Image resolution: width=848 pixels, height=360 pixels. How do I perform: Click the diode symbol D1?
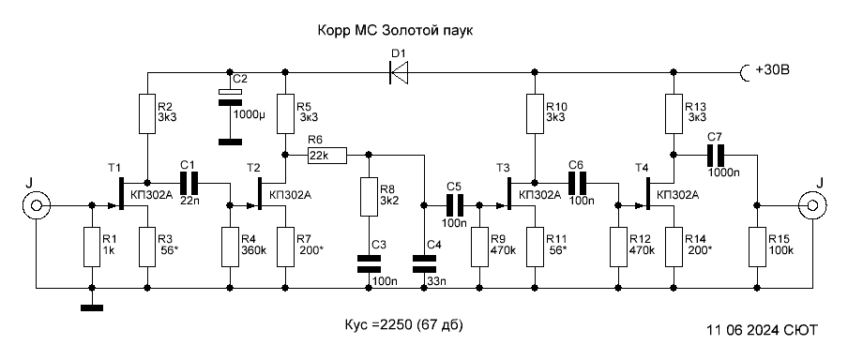coord(399,71)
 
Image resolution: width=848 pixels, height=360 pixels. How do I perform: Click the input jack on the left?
coord(37,205)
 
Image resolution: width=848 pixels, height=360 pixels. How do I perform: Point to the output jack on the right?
coord(812,205)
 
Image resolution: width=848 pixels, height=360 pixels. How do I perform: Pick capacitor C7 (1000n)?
coord(717,155)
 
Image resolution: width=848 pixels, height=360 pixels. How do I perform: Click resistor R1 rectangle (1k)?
coord(92,247)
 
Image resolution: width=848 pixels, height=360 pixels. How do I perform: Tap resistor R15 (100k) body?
coord(757,247)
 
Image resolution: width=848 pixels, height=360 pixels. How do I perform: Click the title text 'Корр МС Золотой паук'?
coord(395,31)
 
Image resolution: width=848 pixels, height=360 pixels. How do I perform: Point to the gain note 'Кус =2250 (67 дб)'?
coord(403,325)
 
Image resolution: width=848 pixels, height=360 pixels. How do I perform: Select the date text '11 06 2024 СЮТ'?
coord(762,330)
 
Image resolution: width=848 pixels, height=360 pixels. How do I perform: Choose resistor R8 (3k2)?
coord(369,198)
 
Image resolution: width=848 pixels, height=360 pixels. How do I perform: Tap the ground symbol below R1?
coord(92,308)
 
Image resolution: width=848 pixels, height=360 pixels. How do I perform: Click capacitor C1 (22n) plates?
coord(189,183)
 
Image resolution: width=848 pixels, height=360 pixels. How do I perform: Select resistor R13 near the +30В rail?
coord(674,114)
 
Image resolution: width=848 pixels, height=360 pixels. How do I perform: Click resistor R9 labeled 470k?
coord(479,247)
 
